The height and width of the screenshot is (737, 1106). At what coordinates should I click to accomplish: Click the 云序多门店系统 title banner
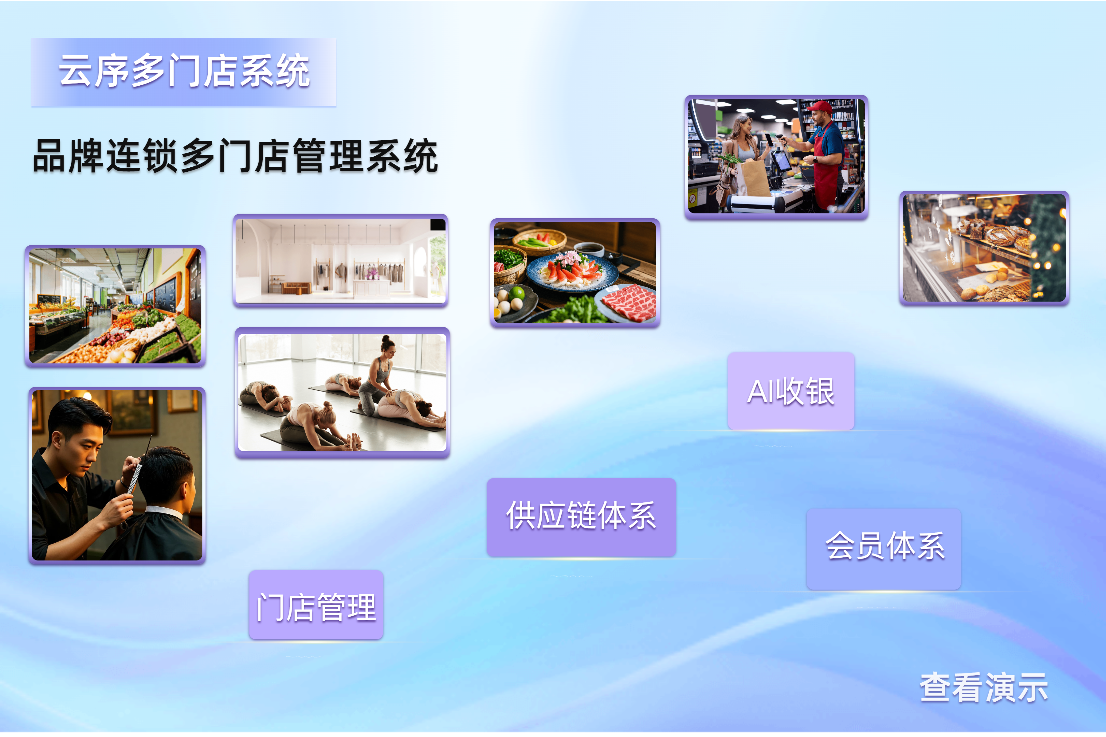coord(183,72)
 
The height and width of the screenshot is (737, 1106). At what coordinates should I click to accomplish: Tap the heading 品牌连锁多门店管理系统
coord(235,156)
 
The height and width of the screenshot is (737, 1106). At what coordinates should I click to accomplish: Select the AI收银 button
coord(791,391)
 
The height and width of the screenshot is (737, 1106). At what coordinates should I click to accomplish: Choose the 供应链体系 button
coord(581,517)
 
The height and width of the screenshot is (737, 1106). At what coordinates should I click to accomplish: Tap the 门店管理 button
coord(316,605)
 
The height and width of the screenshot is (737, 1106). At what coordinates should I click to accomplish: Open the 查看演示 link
coord(984,688)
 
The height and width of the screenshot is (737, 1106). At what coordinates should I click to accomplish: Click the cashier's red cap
coord(819,107)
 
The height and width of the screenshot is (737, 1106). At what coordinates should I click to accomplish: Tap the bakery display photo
coord(984,248)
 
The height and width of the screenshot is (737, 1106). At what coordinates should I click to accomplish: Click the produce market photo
coord(115,306)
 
